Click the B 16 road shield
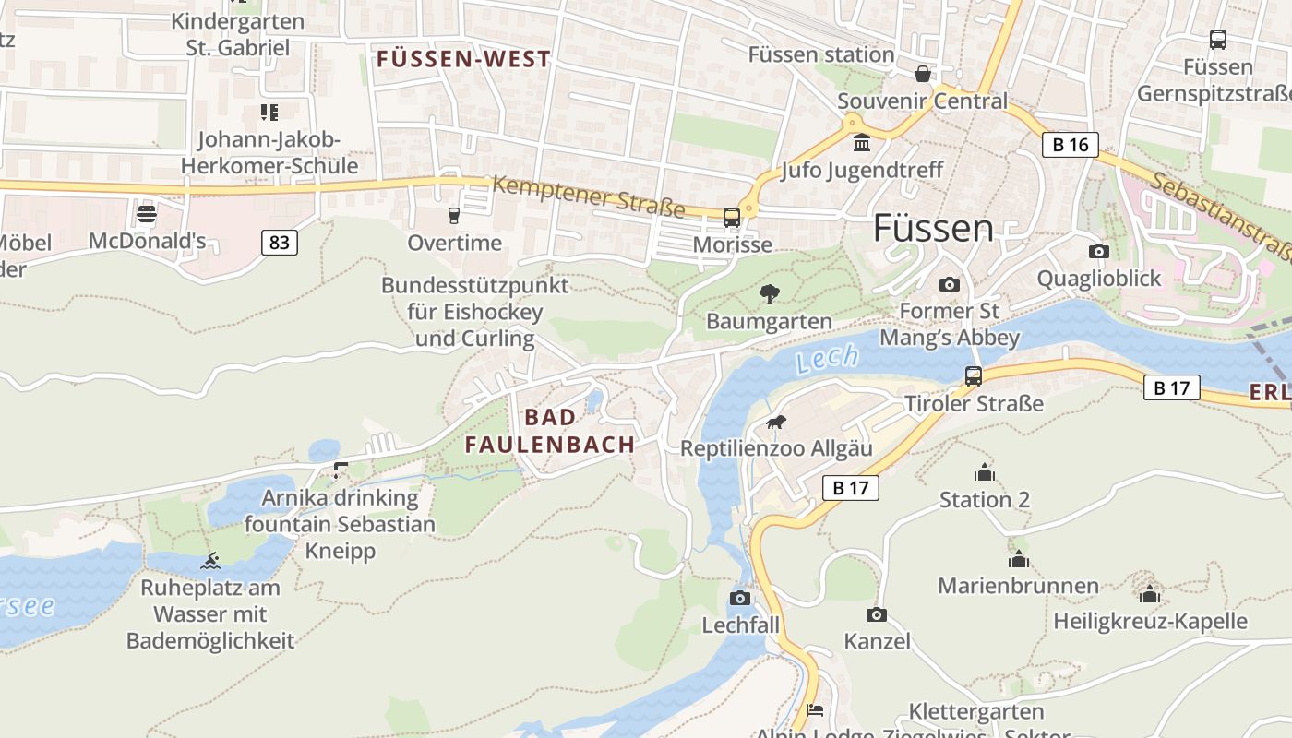1071,144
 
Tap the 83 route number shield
280,243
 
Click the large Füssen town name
933,228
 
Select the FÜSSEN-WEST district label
463,59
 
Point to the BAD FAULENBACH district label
550,431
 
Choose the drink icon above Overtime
454,216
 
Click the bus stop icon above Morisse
732,218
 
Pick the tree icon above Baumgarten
769,294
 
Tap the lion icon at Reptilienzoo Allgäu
776,423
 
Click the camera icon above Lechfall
740,598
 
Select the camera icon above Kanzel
877,614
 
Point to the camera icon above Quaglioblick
1098,251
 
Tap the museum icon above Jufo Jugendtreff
862,143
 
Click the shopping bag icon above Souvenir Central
922,74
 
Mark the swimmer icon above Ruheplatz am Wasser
211,561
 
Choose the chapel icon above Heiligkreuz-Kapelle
1149,594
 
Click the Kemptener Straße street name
588,196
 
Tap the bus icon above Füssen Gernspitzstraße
1218,40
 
